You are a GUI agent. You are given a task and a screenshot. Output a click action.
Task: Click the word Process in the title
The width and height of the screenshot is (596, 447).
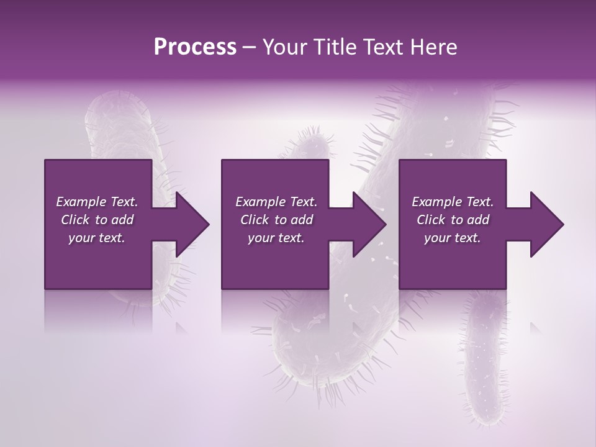click(x=195, y=47)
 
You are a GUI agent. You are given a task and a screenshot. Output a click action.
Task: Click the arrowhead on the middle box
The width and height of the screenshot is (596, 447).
click(x=369, y=224)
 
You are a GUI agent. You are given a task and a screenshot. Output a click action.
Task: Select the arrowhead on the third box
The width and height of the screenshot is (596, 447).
click(x=546, y=224)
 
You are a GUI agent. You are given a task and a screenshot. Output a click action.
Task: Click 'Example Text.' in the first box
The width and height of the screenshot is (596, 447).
click(x=97, y=202)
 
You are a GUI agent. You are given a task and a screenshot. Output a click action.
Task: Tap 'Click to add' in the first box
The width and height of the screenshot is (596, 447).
click(x=97, y=220)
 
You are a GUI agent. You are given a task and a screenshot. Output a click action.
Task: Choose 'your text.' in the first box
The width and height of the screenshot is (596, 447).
click(x=97, y=238)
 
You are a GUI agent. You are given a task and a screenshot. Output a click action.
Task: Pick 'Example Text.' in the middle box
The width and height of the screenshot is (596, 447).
click(x=276, y=202)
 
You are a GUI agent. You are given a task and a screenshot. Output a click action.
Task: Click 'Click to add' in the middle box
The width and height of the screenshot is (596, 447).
click(x=276, y=220)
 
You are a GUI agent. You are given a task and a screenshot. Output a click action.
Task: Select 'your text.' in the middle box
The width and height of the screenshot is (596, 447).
click(x=276, y=238)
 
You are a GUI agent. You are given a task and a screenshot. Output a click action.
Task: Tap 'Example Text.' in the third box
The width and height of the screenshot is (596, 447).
click(x=453, y=202)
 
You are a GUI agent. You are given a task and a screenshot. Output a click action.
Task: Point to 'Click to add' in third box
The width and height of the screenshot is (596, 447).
click(x=453, y=220)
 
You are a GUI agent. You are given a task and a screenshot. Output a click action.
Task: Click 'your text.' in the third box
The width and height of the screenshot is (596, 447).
click(x=453, y=238)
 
